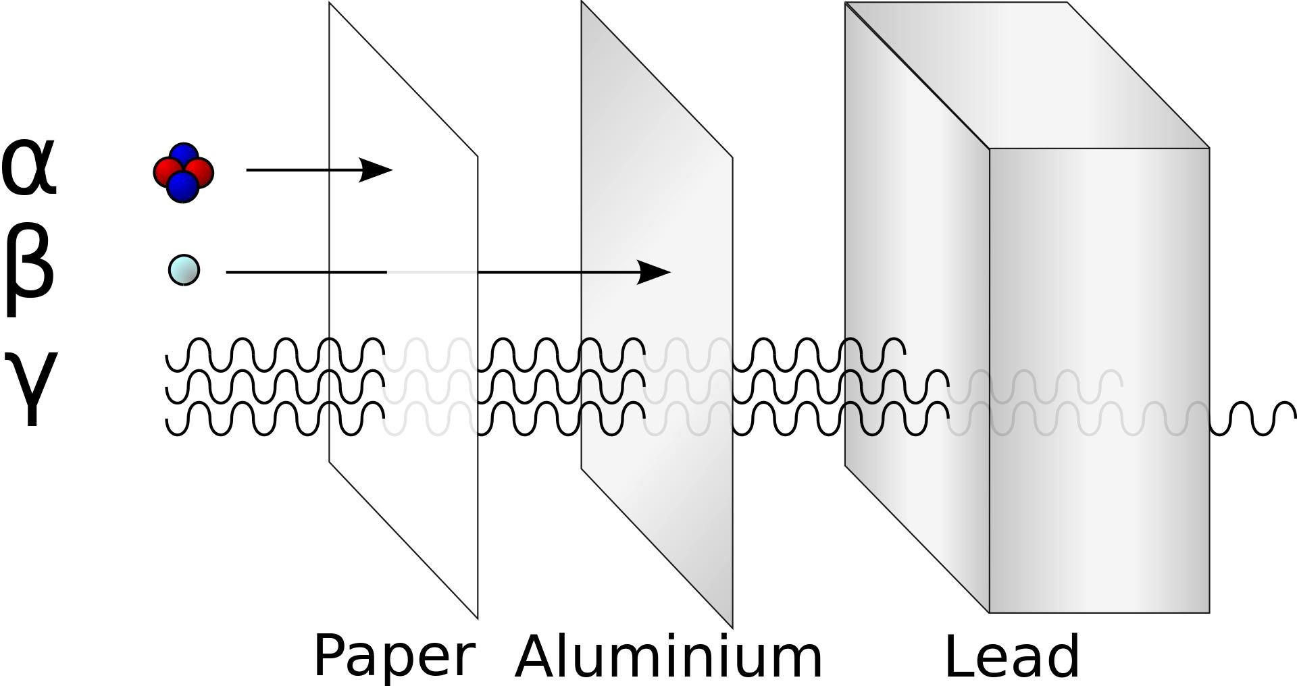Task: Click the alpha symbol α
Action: point(28,167)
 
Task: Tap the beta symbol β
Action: point(28,269)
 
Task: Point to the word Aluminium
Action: point(668,656)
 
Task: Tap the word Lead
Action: point(1011,656)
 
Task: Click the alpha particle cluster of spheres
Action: point(184,173)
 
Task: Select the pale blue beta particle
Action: point(184,270)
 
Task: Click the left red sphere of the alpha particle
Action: point(166,172)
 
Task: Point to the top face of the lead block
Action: point(1027,74)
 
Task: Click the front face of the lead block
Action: point(1099,378)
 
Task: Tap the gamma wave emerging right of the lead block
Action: point(1253,419)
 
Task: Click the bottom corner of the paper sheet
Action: point(477,617)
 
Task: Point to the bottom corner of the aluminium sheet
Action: point(732,626)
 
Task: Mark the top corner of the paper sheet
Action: point(330,4)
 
